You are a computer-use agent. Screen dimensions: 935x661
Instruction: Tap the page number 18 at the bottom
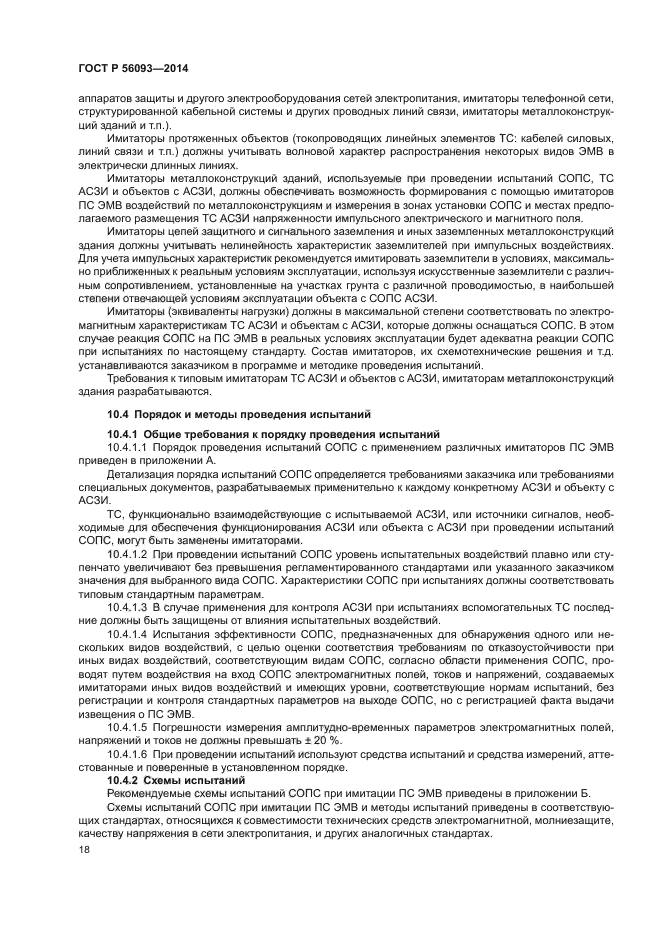pyautogui.click(x=82, y=849)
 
